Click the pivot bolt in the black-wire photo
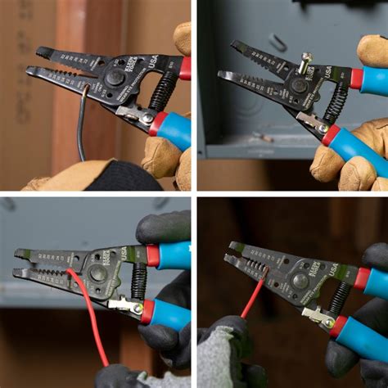[x=114, y=79]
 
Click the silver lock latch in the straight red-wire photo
[x=316, y=314]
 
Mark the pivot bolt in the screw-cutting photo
[x=299, y=84]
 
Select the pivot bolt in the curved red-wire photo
[x=98, y=273]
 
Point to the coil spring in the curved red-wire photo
[x=137, y=282]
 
